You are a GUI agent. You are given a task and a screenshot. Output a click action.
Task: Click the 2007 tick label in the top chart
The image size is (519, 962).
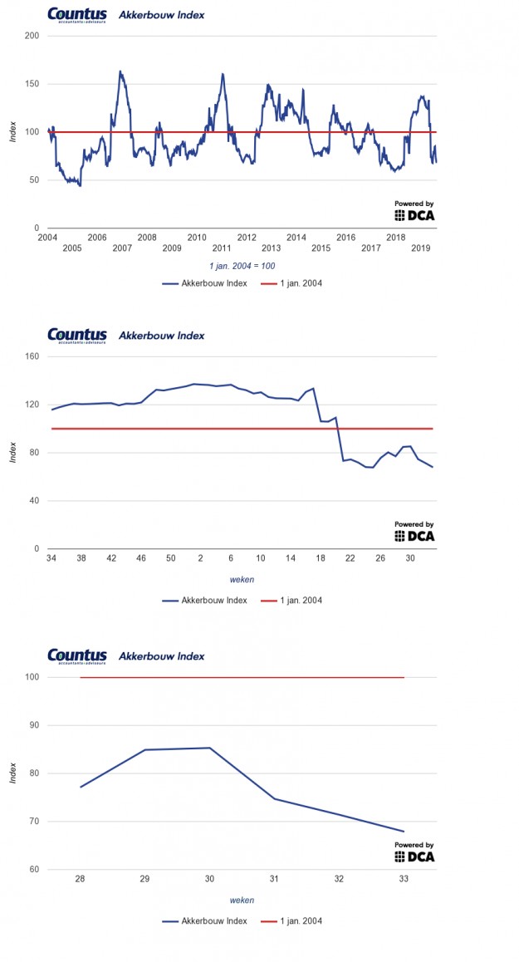[x=121, y=248]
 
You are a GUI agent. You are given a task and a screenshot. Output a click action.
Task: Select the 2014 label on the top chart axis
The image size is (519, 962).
[x=296, y=238]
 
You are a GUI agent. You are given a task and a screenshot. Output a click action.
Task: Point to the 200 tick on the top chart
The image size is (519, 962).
[x=32, y=36]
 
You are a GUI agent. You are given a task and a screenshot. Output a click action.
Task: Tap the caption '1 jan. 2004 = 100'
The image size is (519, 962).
[x=242, y=266]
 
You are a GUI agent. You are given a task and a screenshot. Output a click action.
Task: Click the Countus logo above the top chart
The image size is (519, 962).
[x=76, y=14]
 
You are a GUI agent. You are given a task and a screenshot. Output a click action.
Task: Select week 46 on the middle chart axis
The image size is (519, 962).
[x=140, y=558]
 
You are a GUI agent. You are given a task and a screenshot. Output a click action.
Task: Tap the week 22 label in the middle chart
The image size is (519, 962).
[x=350, y=558]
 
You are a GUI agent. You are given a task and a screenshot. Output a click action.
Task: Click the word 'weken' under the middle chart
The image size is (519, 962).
[x=242, y=580]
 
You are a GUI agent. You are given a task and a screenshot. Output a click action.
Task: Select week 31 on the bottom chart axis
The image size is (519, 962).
[x=274, y=879]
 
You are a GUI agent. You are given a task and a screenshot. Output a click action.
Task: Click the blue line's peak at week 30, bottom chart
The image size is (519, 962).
[x=209, y=748]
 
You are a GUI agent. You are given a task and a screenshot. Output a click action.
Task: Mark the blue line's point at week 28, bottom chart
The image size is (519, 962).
[x=81, y=787]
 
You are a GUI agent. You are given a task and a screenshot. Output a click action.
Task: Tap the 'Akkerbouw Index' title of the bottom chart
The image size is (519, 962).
[x=162, y=656]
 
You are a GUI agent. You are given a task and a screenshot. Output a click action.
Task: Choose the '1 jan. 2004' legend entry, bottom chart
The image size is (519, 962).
[x=292, y=921]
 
